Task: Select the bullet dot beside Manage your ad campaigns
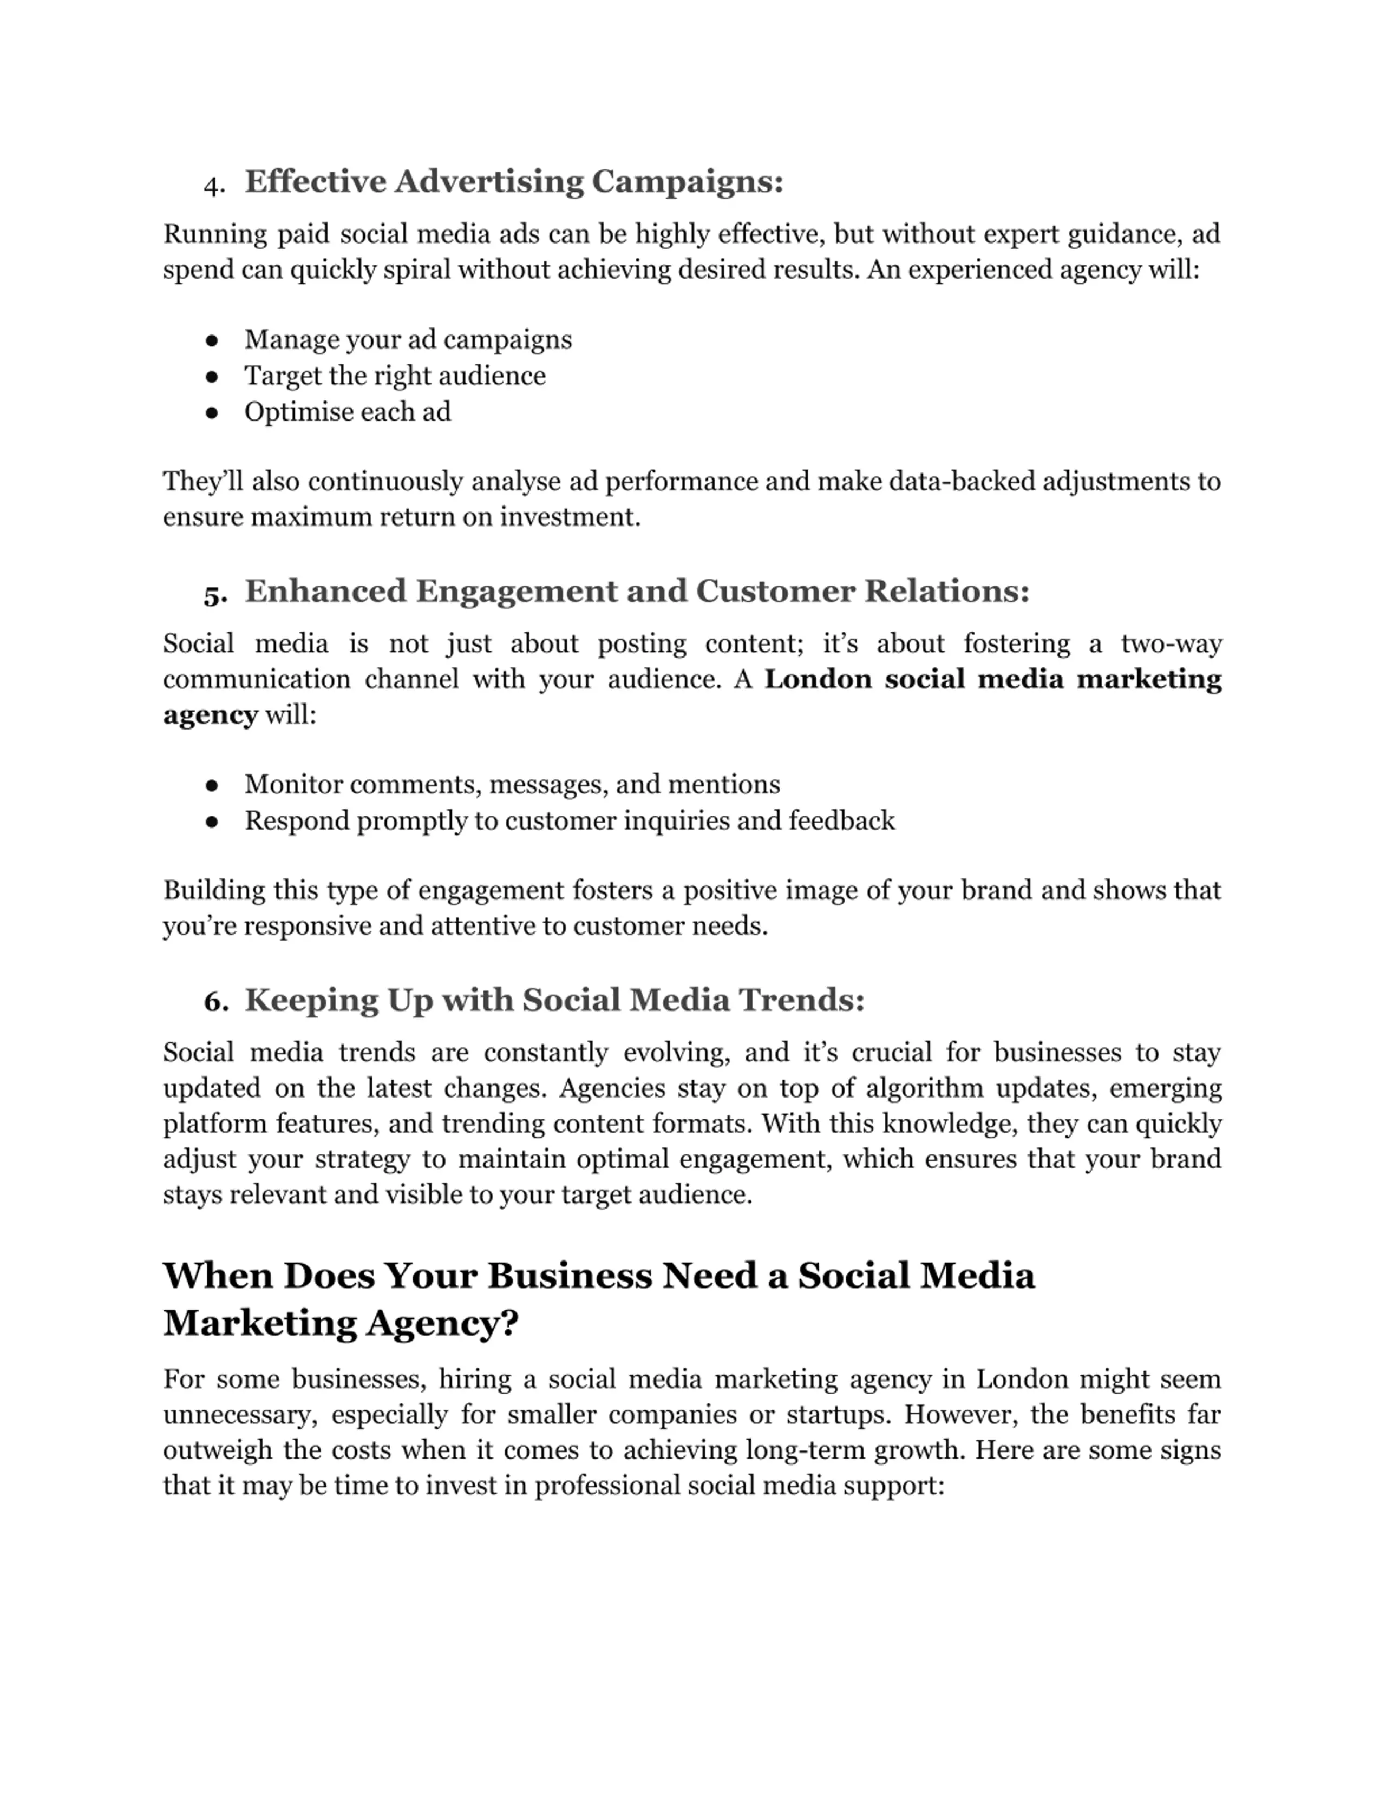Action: [212, 340]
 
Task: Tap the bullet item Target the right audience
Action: [394, 376]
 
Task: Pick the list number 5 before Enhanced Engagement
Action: [214, 594]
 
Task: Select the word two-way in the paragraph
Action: [1171, 643]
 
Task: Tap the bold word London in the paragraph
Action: [817, 680]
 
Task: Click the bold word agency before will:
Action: [210, 715]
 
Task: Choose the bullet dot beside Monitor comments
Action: [212, 785]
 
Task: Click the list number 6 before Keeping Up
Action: [215, 1002]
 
